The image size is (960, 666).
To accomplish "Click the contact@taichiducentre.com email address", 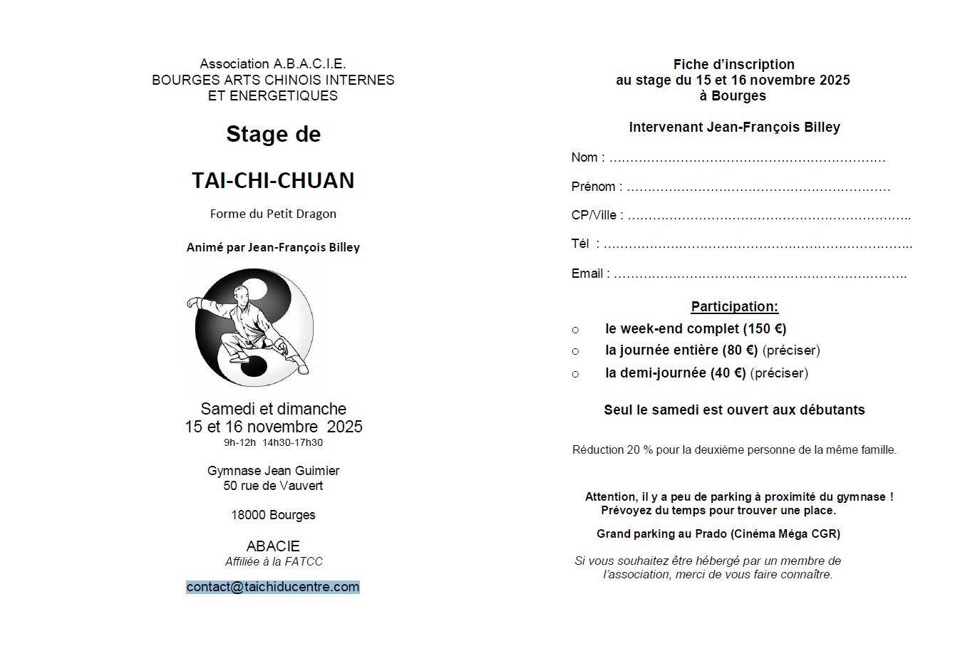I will (x=273, y=587).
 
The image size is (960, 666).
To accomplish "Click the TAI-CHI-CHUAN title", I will (x=273, y=180).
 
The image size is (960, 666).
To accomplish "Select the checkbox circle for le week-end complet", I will (x=576, y=330).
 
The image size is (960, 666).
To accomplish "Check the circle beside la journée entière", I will (x=576, y=351).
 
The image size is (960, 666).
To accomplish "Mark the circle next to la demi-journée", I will (x=576, y=374).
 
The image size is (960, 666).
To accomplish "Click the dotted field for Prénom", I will (x=758, y=188).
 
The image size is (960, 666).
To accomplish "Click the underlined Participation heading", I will (x=734, y=307).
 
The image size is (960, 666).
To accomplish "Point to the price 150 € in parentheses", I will (x=765, y=329).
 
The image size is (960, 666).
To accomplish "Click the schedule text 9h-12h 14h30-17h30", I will (x=273, y=442).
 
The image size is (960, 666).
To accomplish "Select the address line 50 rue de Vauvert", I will (x=273, y=486).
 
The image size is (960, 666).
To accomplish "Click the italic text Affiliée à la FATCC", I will (x=274, y=561).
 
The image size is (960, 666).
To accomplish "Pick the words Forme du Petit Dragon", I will (x=273, y=214).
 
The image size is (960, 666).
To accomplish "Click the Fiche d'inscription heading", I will (x=733, y=64).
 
